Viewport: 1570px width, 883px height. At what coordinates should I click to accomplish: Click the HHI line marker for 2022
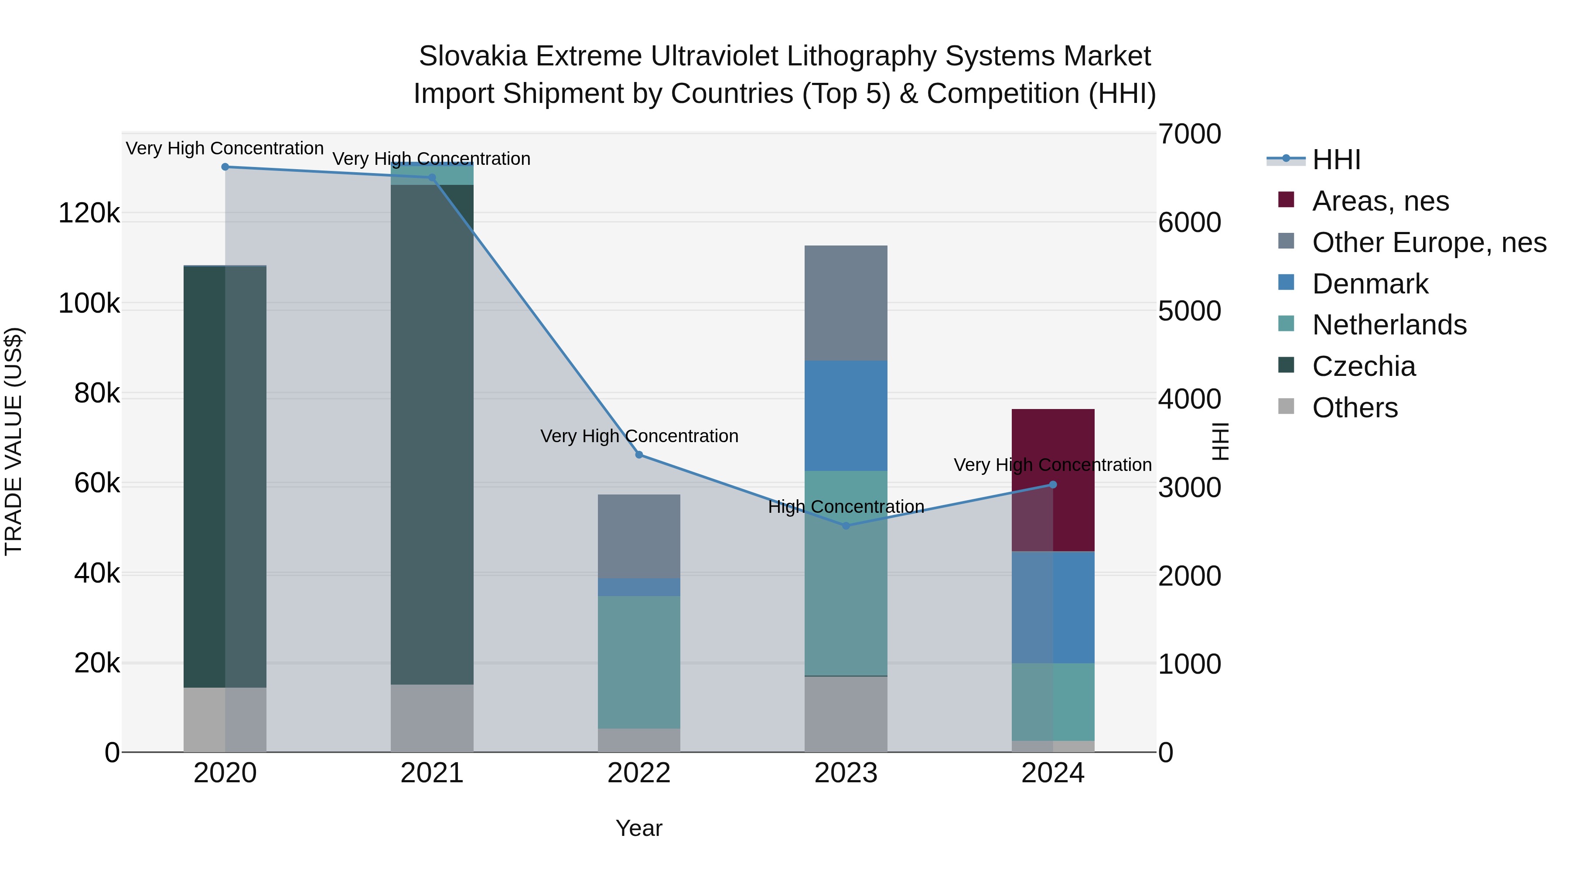[x=639, y=455]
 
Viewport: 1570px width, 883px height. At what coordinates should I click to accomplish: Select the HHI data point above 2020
[x=225, y=167]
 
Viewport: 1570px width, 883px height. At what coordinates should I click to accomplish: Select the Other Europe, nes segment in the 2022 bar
[x=639, y=536]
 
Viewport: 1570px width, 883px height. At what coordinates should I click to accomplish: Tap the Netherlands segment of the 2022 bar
[x=639, y=662]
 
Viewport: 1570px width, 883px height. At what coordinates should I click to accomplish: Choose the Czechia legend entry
[x=1363, y=366]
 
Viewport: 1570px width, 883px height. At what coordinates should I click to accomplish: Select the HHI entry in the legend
[x=1336, y=160]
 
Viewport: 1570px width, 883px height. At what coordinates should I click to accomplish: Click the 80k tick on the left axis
[x=96, y=394]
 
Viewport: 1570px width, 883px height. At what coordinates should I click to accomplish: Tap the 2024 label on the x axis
[x=1053, y=773]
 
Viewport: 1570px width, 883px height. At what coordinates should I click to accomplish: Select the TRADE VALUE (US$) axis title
[x=14, y=441]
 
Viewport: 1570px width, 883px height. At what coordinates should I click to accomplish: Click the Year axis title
[x=639, y=828]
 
